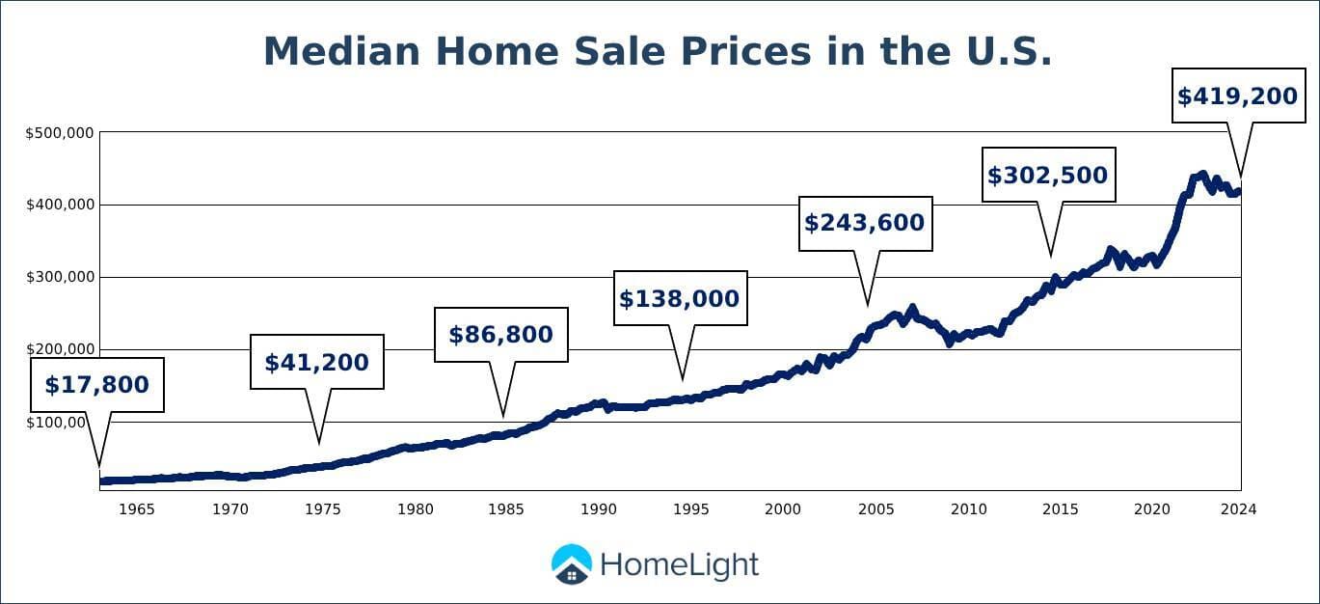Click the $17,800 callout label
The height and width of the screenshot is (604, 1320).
[x=96, y=385]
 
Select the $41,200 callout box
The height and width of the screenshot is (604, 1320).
[x=316, y=362]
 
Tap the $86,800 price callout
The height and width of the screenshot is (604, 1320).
[x=500, y=335]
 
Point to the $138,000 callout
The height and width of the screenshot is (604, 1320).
[x=679, y=298]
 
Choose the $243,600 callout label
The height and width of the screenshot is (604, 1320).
[x=865, y=223]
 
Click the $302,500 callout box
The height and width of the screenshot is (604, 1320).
[x=1048, y=175]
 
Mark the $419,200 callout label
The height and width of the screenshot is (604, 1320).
[x=1238, y=96]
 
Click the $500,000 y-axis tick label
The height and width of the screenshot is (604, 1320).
[x=59, y=132]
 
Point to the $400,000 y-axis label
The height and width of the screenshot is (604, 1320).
[x=59, y=205]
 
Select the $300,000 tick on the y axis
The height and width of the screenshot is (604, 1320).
[x=59, y=277]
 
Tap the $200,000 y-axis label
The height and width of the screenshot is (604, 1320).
[x=59, y=349]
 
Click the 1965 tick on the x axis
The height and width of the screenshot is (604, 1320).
[x=136, y=508]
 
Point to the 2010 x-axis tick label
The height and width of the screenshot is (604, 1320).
[x=968, y=508]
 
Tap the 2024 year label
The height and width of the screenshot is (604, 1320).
[x=1238, y=508]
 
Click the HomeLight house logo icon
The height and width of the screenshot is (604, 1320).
[x=572, y=564]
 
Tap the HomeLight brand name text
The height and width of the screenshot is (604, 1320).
[x=680, y=564]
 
